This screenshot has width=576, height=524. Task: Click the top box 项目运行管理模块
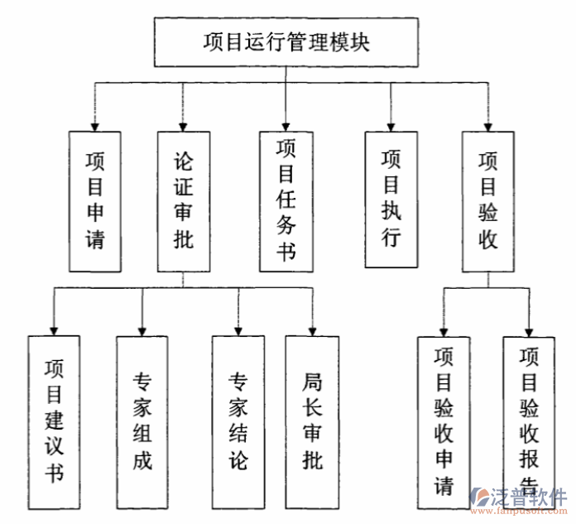[286, 42]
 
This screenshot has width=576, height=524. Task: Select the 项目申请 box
[95, 201]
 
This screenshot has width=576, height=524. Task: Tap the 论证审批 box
[183, 201]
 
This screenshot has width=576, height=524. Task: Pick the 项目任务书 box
[286, 200]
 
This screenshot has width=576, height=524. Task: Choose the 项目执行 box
[391, 199]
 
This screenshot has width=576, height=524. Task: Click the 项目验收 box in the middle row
[487, 201]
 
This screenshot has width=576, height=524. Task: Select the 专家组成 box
[142, 422]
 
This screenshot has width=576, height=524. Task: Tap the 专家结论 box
[238, 422]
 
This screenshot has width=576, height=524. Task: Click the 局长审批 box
[312, 422]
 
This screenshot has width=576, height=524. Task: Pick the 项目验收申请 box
[444, 422]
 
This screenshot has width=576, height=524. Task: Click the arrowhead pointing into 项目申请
[95, 125]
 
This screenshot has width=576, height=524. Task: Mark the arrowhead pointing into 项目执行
[391, 125]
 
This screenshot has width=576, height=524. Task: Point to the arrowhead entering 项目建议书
[54, 329]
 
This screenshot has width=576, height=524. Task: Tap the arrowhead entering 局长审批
[312, 329]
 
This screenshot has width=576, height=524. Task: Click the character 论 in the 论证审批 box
[183, 160]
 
